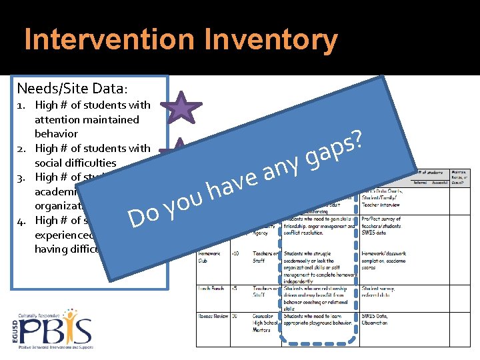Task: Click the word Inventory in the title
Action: (271, 40)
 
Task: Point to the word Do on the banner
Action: (144, 215)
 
